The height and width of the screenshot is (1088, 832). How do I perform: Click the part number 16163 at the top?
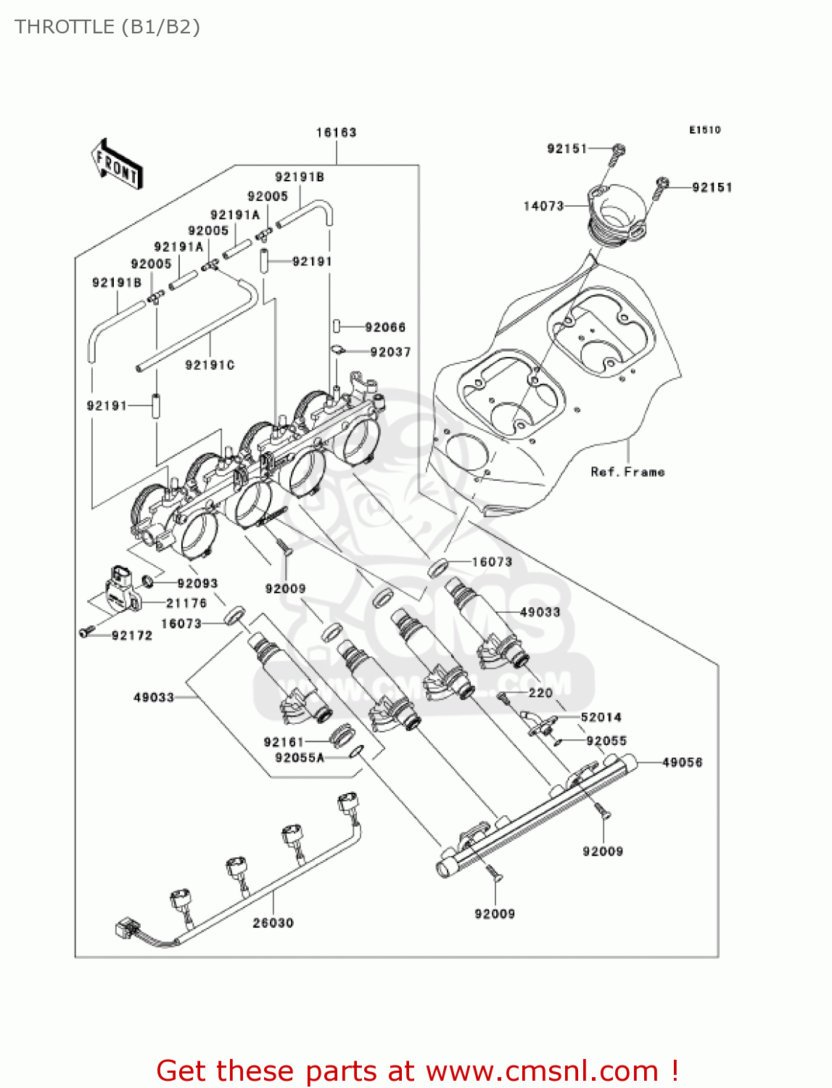(x=336, y=133)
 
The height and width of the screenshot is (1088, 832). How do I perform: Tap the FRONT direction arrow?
(x=117, y=165)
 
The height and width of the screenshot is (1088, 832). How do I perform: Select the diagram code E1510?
(x=704, y=130)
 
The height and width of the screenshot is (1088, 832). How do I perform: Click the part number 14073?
(x=543, y=206)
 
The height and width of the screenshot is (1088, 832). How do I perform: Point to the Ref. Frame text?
(x=627, y=472)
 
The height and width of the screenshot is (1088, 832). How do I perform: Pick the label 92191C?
(x=210, y=365)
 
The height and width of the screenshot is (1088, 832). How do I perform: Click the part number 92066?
(x=385, y=328)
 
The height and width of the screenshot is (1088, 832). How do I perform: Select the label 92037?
(x=390, y=353)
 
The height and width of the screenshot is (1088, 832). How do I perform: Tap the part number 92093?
(x=197, y=583)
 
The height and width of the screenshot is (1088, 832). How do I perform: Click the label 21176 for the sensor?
(x=186, y=603)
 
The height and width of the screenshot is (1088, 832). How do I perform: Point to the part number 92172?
(x=132, y=635)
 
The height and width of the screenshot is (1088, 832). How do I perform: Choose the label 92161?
(x=284, y=742)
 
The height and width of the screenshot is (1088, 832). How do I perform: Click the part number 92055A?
(x=300, y=758)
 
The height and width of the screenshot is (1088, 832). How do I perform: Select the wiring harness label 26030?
(x=273, y=923)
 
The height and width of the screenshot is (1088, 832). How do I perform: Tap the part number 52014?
(x=601, y=717)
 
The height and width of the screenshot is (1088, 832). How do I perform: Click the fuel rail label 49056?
(x=683, y=762)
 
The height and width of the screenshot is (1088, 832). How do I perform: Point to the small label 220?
(x=540, y=693)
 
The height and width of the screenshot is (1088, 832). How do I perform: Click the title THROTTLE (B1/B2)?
(x=107, y=27)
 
